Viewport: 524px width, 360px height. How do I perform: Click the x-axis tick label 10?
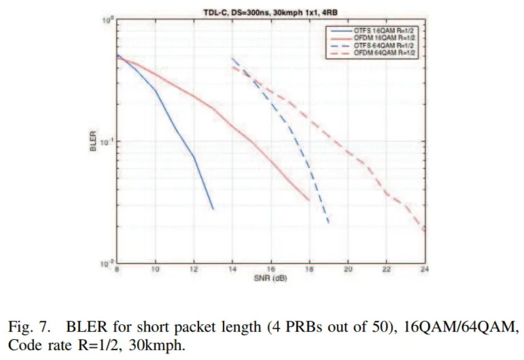pos(156,270)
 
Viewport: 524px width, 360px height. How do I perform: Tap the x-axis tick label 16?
pos(271,270)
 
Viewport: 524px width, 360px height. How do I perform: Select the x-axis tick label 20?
pos(348,270)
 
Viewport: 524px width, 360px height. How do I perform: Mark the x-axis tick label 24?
pos(425,270)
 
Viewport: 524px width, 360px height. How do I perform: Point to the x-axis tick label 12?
pos(194,270)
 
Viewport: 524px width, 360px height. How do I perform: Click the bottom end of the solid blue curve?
pos(213,209)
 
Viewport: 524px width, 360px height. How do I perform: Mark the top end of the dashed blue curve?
pos(232,58)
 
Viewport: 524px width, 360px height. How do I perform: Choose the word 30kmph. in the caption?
pos(156,344)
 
